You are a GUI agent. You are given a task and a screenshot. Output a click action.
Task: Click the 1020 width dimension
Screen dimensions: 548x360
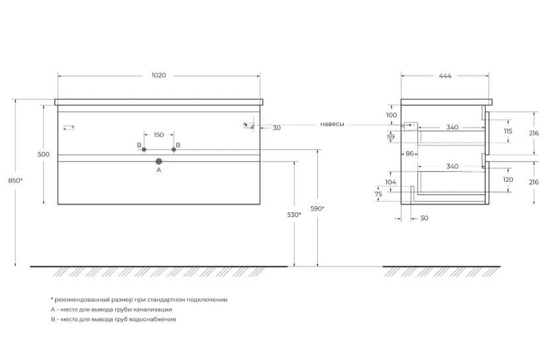pyautogui.click(x=158, y=76)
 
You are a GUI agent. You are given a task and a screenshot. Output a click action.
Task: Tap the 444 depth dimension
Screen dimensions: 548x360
pyautogui.click(x=445, y=76)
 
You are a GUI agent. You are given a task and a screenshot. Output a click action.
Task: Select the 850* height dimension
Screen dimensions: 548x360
pyautogui.click(x=15, y=181)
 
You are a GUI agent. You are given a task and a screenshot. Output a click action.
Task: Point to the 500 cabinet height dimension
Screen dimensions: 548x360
pyautogui.click(x=44, y=154)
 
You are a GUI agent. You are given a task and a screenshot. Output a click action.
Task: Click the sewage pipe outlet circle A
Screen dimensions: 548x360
pyautogui.click(x=158, y=162)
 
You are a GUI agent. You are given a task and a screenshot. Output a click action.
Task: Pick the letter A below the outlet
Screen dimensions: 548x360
pyautogui.click(x=158, y=170)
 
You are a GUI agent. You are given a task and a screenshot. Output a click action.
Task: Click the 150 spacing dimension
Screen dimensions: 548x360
pyautogui.click(x=158, y=135)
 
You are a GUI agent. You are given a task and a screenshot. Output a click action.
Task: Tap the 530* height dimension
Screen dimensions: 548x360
pyautogui.click(x=294, y=215)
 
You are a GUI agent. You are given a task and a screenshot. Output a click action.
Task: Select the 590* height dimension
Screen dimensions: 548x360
pyautogui.click(x=317, y=209)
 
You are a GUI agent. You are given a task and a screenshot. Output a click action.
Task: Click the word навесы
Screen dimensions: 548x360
pyautogui.click(x=332, y=124)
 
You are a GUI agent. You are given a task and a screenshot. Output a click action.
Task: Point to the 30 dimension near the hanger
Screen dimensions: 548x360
pyautogui.click(x=277, y=128)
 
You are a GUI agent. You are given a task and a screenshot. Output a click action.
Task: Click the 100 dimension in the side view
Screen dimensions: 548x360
pyautogui.click(x=392, y=115)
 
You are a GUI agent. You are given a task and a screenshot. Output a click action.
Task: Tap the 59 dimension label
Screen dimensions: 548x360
pyautogui.click(x=391, y=137)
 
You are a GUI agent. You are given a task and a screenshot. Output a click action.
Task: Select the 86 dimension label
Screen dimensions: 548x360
pyautogui.click(x=410, y=153)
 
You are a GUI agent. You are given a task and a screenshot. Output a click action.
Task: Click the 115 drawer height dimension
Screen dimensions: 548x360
pyautogui.click(x=508, y=131)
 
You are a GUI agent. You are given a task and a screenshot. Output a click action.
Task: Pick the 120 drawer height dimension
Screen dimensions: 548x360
pyautogui.click(x=508, y=180)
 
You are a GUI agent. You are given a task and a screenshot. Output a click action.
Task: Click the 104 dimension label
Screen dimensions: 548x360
pyautogui.click(x=390, y=182)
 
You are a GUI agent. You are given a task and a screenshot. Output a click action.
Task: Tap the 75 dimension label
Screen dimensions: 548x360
pyautogui.click(x=378, y=194)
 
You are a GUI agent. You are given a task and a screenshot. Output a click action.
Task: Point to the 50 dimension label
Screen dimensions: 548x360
pyautogui.click(x=424, y=218)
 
